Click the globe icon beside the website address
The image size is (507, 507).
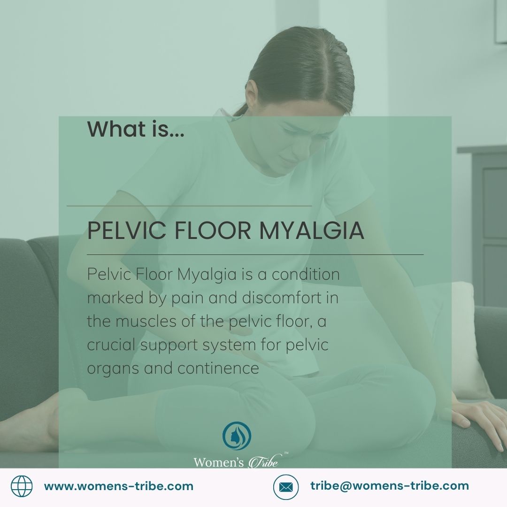22,486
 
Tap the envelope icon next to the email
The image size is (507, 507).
286,486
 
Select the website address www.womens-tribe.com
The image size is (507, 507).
119,486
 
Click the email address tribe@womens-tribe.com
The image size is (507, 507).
389,486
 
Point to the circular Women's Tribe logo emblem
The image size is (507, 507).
237,436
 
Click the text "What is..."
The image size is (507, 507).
136,129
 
